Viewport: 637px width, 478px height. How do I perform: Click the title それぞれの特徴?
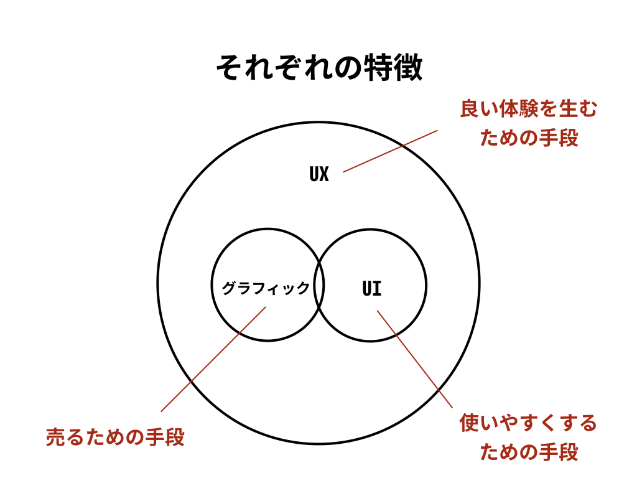[x=319, y=67]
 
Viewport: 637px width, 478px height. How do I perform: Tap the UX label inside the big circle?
[x=319, y=174]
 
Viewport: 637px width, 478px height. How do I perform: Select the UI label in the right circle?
[x=372, y=289]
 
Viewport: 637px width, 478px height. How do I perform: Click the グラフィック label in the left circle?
[x=266, y=288]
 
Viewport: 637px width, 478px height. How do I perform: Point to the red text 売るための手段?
[x=115, y=437]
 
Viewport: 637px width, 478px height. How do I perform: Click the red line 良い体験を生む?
[x=529, y=109]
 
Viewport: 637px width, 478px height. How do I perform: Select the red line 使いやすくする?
[x=528, y=423]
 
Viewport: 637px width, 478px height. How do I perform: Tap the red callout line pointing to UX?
[x=391, y=151]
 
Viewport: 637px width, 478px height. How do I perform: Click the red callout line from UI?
[x=415, y=359]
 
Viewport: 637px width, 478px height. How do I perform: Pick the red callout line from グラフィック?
[x=213, y=359]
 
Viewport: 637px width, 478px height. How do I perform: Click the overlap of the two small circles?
[x=319, y=285]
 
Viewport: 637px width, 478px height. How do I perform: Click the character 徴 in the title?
[x=408, y=67]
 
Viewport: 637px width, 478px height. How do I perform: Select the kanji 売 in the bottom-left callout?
[x=55, y=437]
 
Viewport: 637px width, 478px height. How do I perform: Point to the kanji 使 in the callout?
[x=470, y=423]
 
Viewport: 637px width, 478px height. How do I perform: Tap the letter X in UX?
[x=323, y=174]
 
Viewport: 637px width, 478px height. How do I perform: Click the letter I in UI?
[x=377, y=289]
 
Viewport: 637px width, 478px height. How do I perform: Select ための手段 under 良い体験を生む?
[x=529, y=138]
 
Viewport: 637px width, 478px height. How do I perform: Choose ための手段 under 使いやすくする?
[x=529, y=452]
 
